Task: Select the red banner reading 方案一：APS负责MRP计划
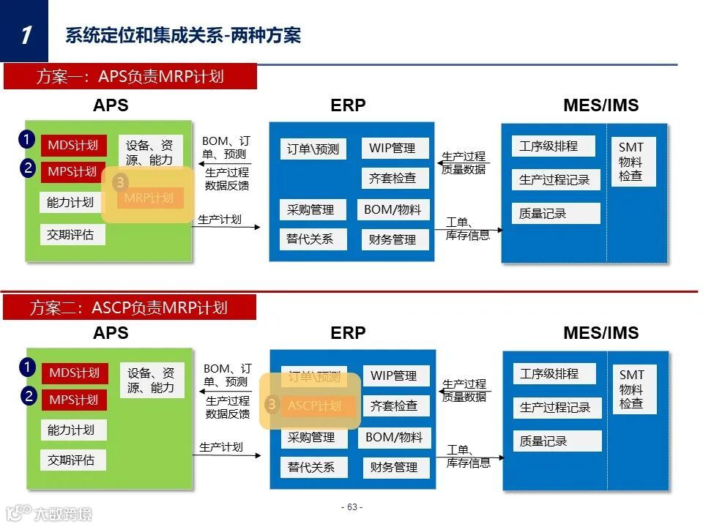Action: (130, 77)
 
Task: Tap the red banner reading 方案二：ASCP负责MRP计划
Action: (130, 307)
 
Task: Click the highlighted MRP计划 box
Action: (149, 198)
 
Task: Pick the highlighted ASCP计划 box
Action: (314, 405)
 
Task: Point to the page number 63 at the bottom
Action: (351, 507)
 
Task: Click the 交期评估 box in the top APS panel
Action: (71, 235)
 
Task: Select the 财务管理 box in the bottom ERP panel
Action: (395, 467)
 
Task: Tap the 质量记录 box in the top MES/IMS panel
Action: (556, 214)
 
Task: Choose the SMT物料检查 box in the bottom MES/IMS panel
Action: (631, 389)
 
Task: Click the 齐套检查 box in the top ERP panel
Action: (393, 178)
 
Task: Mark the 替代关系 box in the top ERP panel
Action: (310, 239)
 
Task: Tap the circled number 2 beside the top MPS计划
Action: (27, 168)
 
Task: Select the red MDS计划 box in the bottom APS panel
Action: (74, 373)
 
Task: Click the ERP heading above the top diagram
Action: (348, 105)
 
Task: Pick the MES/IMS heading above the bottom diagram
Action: (600, 333)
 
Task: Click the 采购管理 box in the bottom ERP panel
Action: (310, 438)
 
